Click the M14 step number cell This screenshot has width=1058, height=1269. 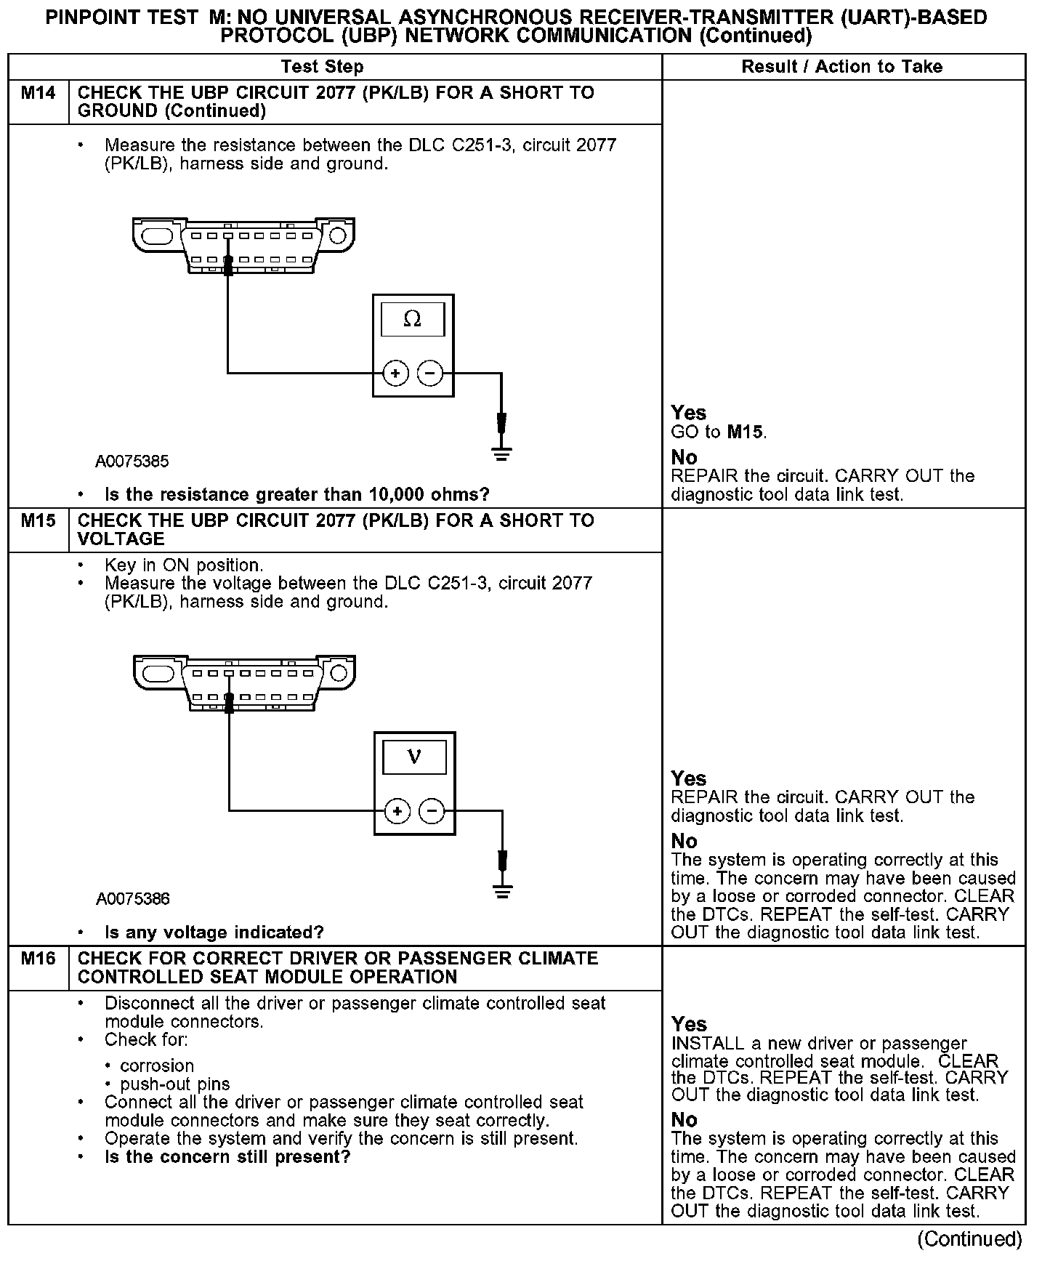click(x=38, y=93)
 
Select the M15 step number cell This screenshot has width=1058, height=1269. click(x=38, y=521)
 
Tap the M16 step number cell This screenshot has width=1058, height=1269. click(x=38, y=959)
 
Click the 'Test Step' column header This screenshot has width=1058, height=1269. click(x=322, y=67)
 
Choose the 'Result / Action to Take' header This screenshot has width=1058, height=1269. click(x=841, y=67)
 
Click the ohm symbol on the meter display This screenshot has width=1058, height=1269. click(x=412, y=319)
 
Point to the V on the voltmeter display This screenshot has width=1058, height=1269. click(x=414, y=757)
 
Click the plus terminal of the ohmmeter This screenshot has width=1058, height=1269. click(x=395, y=374)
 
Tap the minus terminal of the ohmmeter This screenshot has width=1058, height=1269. click(x=430, y=374)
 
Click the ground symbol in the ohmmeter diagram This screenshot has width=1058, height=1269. click(x=501, y=454)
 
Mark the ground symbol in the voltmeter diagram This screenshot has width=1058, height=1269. click(x=502, y=891)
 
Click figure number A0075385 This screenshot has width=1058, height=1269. click(x=132, y=462)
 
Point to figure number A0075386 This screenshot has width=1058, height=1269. click(x=133, y=899)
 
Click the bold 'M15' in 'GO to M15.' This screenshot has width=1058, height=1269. click(x=746, y=432)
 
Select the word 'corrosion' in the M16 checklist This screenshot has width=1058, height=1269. click(x=157, y=1065)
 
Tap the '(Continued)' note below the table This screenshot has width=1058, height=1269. click(x=969, y=1238)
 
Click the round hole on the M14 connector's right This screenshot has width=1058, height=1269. click(x=337, y=235)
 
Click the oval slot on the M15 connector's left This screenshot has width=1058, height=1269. click(x=158, y=674)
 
